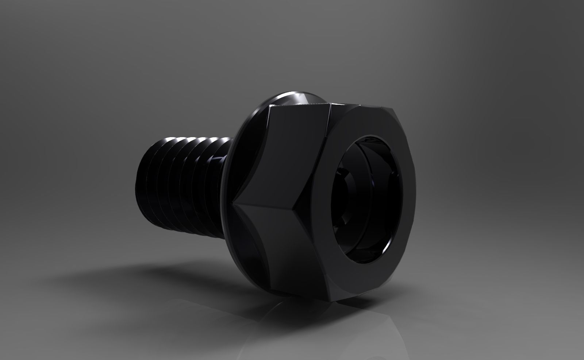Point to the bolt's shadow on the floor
pos(146,277)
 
